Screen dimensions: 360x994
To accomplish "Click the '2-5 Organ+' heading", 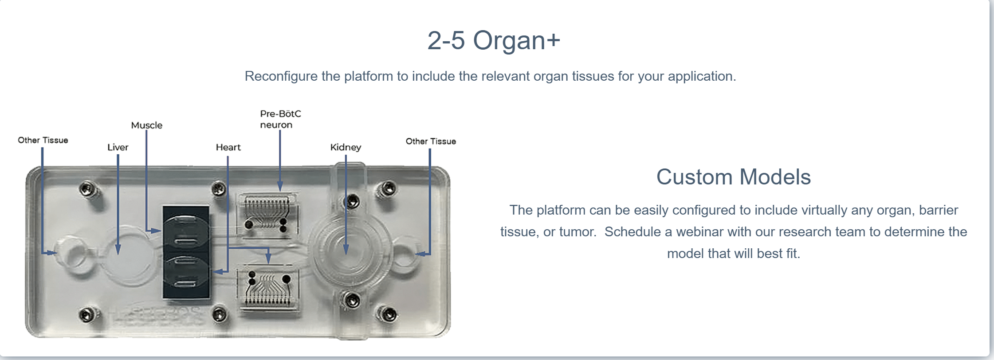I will coord(493,40).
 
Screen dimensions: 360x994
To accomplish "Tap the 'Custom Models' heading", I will coord(733,177).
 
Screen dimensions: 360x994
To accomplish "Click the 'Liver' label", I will coord(118,147).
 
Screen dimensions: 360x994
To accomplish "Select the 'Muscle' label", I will coord(146,125).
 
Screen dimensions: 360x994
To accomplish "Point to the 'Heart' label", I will coord(228,147).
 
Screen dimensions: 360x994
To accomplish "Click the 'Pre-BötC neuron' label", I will coord(280,119).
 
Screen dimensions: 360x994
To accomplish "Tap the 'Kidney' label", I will coord(346,147).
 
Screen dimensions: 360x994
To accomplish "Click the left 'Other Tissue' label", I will coord(43,140).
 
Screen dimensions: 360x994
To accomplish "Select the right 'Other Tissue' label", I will coord(430,141).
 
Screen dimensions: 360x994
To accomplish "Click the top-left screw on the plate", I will coord(86,189).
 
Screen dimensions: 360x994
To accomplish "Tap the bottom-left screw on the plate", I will coord(86,315).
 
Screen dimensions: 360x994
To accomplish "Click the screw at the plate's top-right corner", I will coord(388,189).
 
